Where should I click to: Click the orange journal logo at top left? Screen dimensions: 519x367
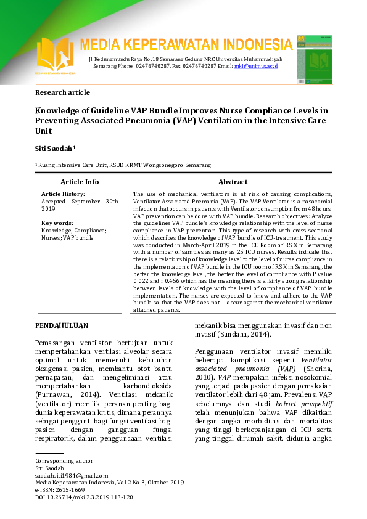pos(55,55)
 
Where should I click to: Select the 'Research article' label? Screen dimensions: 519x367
pos(62,92)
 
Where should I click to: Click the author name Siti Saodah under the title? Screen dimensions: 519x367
pos(54,149)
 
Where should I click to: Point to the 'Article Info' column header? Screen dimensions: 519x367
pos(80,182)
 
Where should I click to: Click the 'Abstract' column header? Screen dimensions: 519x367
pos(233,182)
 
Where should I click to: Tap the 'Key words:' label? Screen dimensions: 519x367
pos(57,223)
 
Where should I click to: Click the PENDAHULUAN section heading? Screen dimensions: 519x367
pos(62,325)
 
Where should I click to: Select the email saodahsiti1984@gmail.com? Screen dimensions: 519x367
pos(72,476)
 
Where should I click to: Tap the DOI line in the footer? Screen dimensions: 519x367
pos(84,496)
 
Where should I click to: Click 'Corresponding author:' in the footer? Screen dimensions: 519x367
pos(65,461)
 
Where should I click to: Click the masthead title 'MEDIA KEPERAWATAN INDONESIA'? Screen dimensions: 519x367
pos(186,45)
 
